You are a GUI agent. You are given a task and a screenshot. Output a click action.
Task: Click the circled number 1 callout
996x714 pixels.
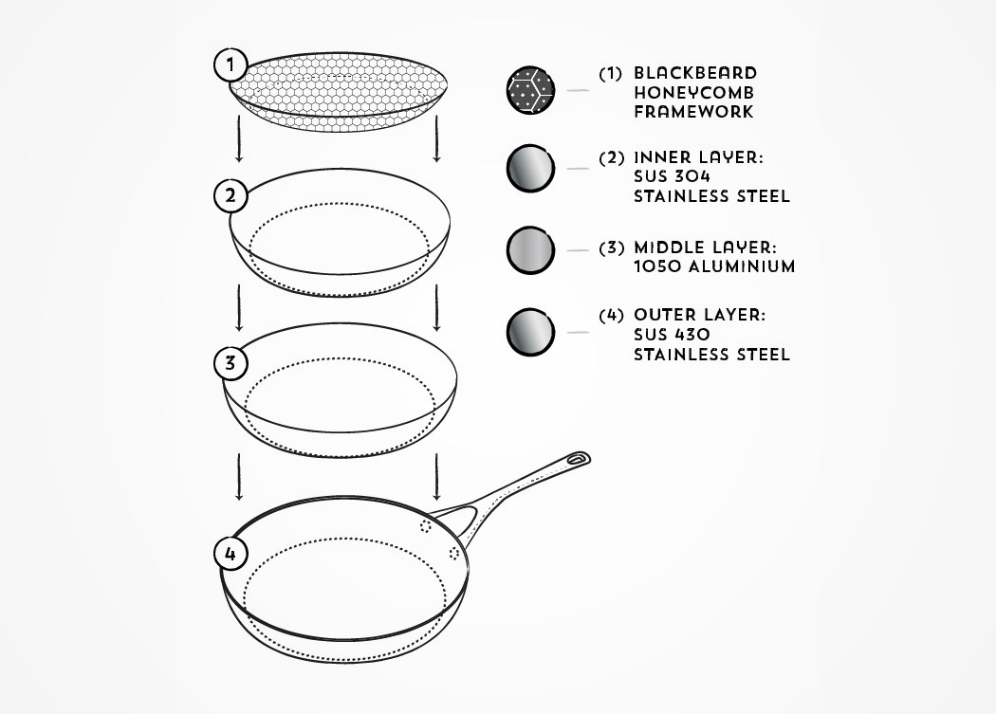(x=229, y=66)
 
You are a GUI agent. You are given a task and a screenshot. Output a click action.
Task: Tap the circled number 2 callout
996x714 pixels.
(x=230, y=196)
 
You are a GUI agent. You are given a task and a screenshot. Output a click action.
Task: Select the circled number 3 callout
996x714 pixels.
(x=230, y=363)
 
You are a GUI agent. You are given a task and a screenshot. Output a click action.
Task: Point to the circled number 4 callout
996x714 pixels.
(x=230, y=553)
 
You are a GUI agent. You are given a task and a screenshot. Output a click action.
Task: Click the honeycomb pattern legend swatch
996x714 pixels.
(x=530, y=91)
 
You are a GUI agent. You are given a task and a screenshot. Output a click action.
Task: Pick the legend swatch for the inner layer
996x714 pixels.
(x=530, y=169)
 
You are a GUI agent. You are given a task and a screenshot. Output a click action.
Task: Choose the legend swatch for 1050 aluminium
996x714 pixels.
(x=530, y=251)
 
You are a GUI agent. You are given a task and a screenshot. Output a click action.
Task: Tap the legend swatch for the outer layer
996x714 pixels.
(x=530, y=331)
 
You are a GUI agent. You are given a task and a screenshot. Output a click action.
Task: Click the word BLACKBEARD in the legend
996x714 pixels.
(x=695, y=73)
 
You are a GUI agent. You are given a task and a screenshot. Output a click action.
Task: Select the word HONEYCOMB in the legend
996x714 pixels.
(x=694, y=92)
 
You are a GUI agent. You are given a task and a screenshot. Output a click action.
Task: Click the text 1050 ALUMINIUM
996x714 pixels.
(x=714, y=266)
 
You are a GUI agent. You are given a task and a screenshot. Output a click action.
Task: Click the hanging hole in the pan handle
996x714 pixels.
(x=577, y=461)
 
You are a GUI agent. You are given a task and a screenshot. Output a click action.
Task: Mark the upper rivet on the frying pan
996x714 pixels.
(x=424, y=523)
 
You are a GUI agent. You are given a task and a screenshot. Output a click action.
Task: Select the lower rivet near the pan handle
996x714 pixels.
(x=453, y=553)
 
